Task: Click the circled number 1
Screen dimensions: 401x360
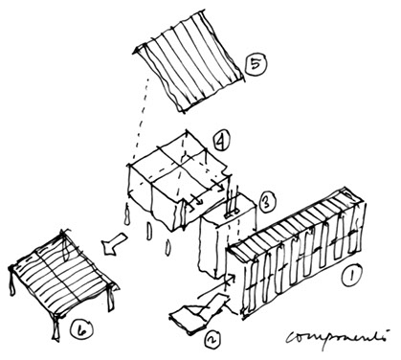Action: tap(351, 275)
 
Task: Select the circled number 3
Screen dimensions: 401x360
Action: tap(265, 202)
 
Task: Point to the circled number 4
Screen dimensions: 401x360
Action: tap(221, 142)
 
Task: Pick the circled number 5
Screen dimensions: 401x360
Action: tap(256, 63)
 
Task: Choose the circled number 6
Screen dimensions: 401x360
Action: tap(81, 329)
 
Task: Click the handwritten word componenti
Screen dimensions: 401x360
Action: tap(337, 338)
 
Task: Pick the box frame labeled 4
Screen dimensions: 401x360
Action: tap(179, 179)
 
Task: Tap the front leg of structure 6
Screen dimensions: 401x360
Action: tap(56, 328)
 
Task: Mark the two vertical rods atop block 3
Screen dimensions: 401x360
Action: tap(232, 201)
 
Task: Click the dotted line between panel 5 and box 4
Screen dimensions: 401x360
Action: tap(141, 118)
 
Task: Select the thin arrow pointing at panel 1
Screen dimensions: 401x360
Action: tap(217, 287)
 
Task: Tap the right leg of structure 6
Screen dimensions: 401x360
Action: tap(110, 300)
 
